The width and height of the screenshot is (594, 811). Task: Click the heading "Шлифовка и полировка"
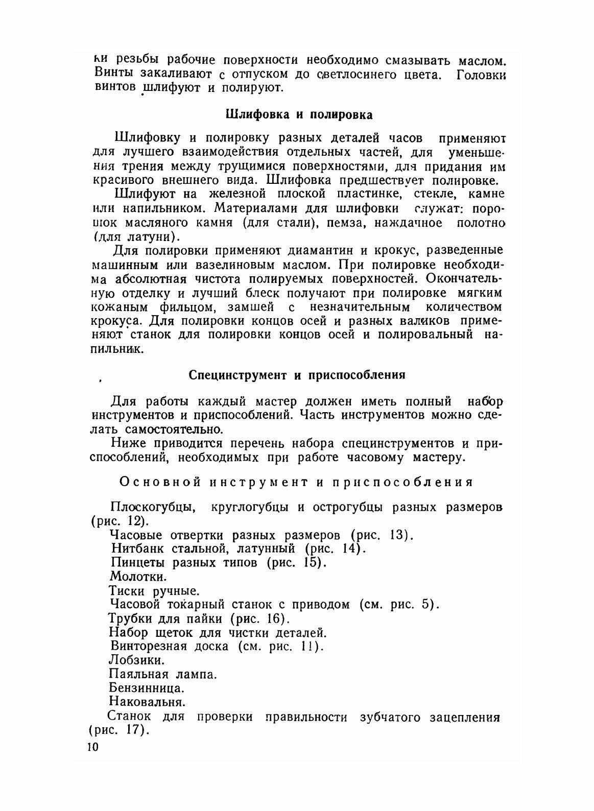pyautogui.click(x=299, y=114)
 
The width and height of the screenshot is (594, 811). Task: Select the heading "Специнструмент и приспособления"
pyautogui.click(x=297, y=375)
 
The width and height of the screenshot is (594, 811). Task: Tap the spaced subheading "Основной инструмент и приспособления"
pyautogui.click(x=296, y=482)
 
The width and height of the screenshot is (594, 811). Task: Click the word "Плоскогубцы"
pyautogui.click(x=151, y=508)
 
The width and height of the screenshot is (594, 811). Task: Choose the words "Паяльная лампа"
pyautogui.click(x=163, y=674)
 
